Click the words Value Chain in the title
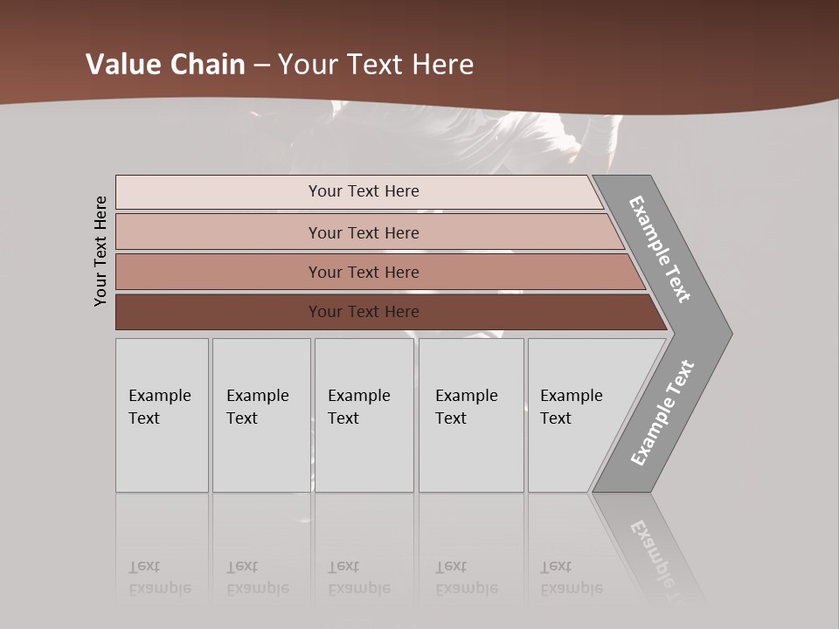point(165,65)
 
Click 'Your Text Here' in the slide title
point(376,65)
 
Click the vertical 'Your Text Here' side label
point(101,251)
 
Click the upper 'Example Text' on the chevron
point(660,249)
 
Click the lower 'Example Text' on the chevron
point(662,413)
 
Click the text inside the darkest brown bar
point(364,312)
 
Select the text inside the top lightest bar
point(364,191)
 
